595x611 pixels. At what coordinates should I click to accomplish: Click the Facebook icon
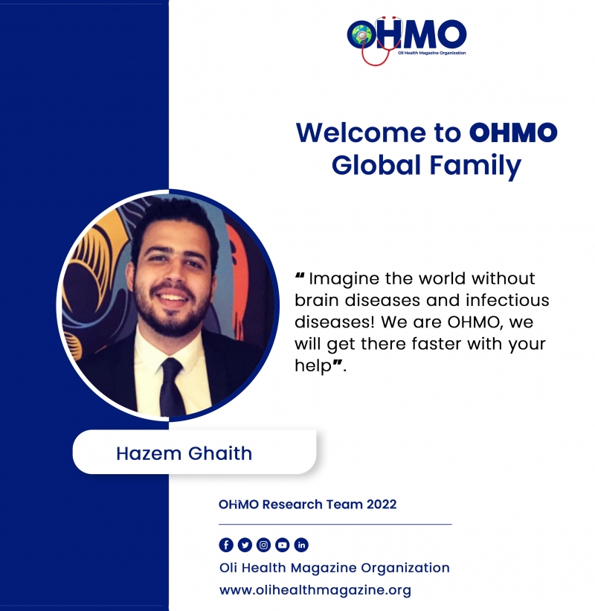pos(226,545)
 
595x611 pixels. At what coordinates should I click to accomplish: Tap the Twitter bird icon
pos(245,545)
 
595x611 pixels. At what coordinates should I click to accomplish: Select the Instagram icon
pos(263,545)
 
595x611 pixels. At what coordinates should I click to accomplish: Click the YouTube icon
pos(283,545)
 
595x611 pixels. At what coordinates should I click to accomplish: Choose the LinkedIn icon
pos(301,545)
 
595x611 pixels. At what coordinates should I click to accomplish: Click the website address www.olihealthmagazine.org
pos(315,590)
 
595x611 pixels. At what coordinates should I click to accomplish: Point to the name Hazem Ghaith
pos(184,453)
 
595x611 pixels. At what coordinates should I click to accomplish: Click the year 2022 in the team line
pos(382,505)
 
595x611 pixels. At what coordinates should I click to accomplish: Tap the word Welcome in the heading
pos(361,133)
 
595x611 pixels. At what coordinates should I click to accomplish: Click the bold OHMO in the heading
pos(513,133)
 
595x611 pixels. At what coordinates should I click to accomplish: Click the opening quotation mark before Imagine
pos(300,275)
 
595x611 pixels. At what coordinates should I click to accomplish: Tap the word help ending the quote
pos(313,366)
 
